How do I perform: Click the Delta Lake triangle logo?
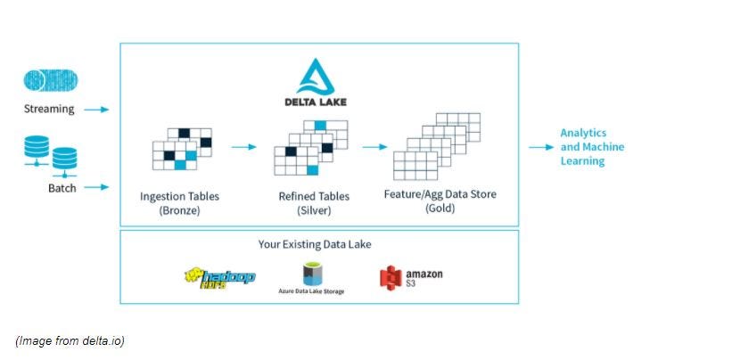(x=319, y=75)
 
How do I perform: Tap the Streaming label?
(x=50, y=110)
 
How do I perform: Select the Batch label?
(x=62, y=188)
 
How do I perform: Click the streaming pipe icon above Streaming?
(x=50, y=81)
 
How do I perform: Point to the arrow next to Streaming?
(x=98, y=110)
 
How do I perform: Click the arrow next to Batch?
(x=98, y=187)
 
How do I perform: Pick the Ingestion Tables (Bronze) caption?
(x=179, y=202)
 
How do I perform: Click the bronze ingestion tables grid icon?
(x=182, y=148)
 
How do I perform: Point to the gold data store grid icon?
(x=437, y=146)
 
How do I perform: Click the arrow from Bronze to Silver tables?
(x=244, y=146)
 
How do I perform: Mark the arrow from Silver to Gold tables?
(x=374, y=146)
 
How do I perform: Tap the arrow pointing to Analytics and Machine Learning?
(x=540, y=147)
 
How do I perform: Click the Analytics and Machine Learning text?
(x=591, y=147)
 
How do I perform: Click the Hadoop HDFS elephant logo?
(x=219, y=278)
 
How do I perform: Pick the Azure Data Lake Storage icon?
(x=311, y=274)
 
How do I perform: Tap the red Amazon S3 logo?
(x=390, y=278)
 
